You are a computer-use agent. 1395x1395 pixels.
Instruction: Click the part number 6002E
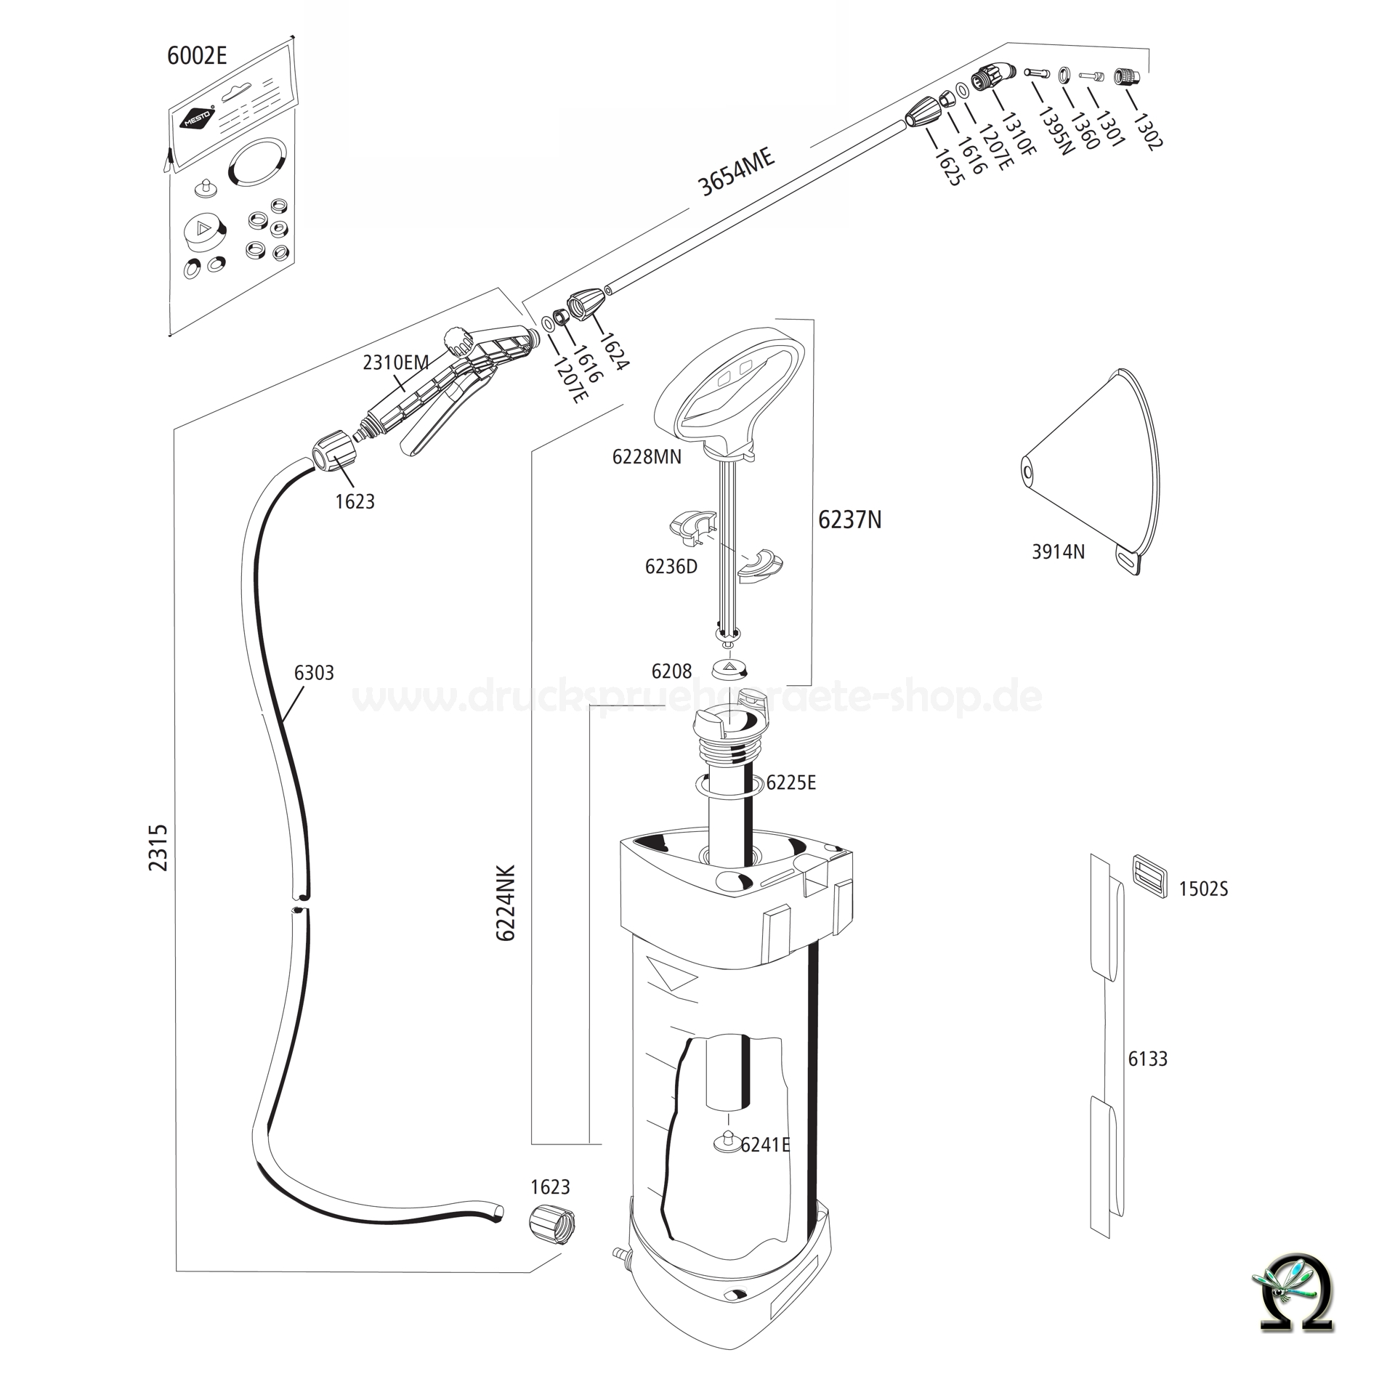pyautogui.click(x=197, y=56)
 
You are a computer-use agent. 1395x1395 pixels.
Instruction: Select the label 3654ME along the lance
pyautogui.click(x=736, y=172)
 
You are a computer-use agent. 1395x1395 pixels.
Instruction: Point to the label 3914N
pyautogui.click(x=1058, y=552)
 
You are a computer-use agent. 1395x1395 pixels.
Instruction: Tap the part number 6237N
pyautogui.click(x=849, y=520)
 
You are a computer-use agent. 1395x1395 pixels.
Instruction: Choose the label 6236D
pyautogui.click(x=671, y=567)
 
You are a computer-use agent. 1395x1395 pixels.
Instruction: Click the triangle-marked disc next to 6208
pyautogui.click(x=729, y=667)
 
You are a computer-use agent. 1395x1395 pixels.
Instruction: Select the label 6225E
pyautogui.click(x=791, y=783)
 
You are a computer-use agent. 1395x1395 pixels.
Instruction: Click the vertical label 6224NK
pyautogui.click(x=506, y=903)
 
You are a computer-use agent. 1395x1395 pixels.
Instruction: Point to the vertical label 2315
pyautogui.click(x=158, y=847)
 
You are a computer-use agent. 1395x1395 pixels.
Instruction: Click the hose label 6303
pyautogui.click(x=314, y=673)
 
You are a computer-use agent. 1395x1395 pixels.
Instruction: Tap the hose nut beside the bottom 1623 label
pyautogui.click(x=551, y=1225)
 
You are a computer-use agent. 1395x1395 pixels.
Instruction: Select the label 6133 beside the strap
pyautogui.click(x=1147, y=1059)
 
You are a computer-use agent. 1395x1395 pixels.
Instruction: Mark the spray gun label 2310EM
pyautogui.click(x=396, y=362)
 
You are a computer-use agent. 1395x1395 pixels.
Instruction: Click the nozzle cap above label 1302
pyautogui.click(x=1127, y=76)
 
